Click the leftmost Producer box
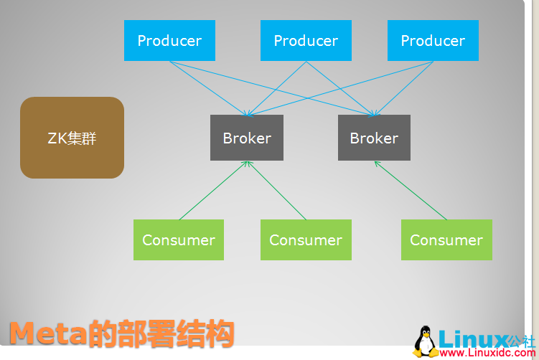[169, 41]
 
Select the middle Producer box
[306, 41]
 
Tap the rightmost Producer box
[433, 41]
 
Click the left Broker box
[247, 138]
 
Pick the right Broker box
[374, 138]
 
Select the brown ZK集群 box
[72, 138]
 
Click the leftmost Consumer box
[179, 240]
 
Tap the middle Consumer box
[306, 240]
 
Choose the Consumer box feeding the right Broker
[446, 240]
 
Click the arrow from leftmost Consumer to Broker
[213, 190]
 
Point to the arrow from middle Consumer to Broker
[276, 190]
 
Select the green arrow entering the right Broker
[410, 190]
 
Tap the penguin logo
[426, 342]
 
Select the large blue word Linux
[473, 338]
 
